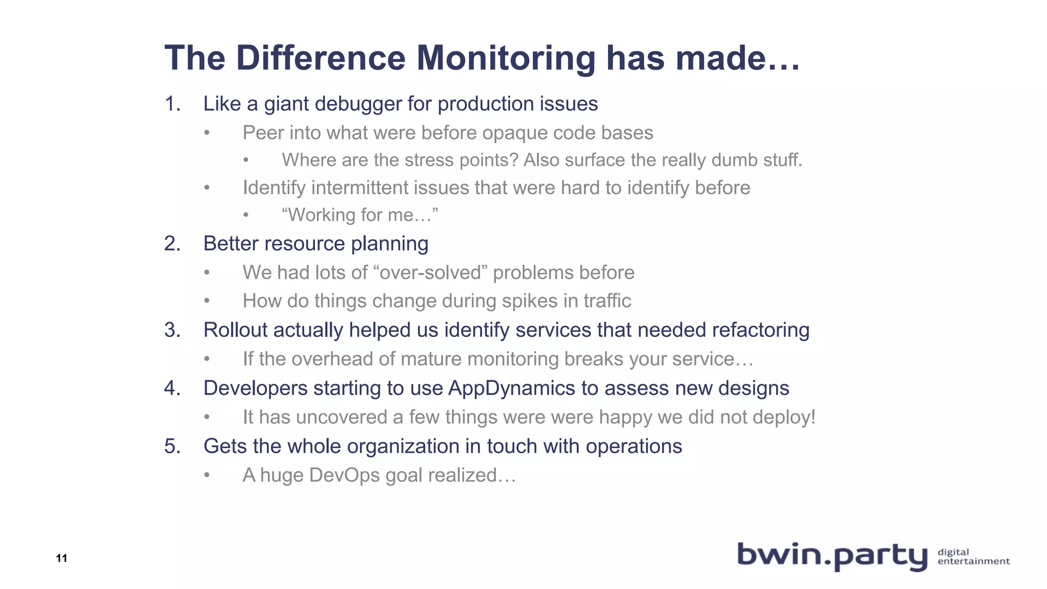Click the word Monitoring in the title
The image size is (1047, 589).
506,58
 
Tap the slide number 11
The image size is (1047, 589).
62,558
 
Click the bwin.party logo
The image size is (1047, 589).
832,556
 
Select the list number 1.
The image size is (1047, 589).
172,104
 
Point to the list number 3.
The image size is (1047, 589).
172,330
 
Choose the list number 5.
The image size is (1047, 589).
172,446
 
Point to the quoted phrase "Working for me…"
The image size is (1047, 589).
360,215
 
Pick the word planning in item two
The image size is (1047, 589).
390,244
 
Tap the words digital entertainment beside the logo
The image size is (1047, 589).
973,556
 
